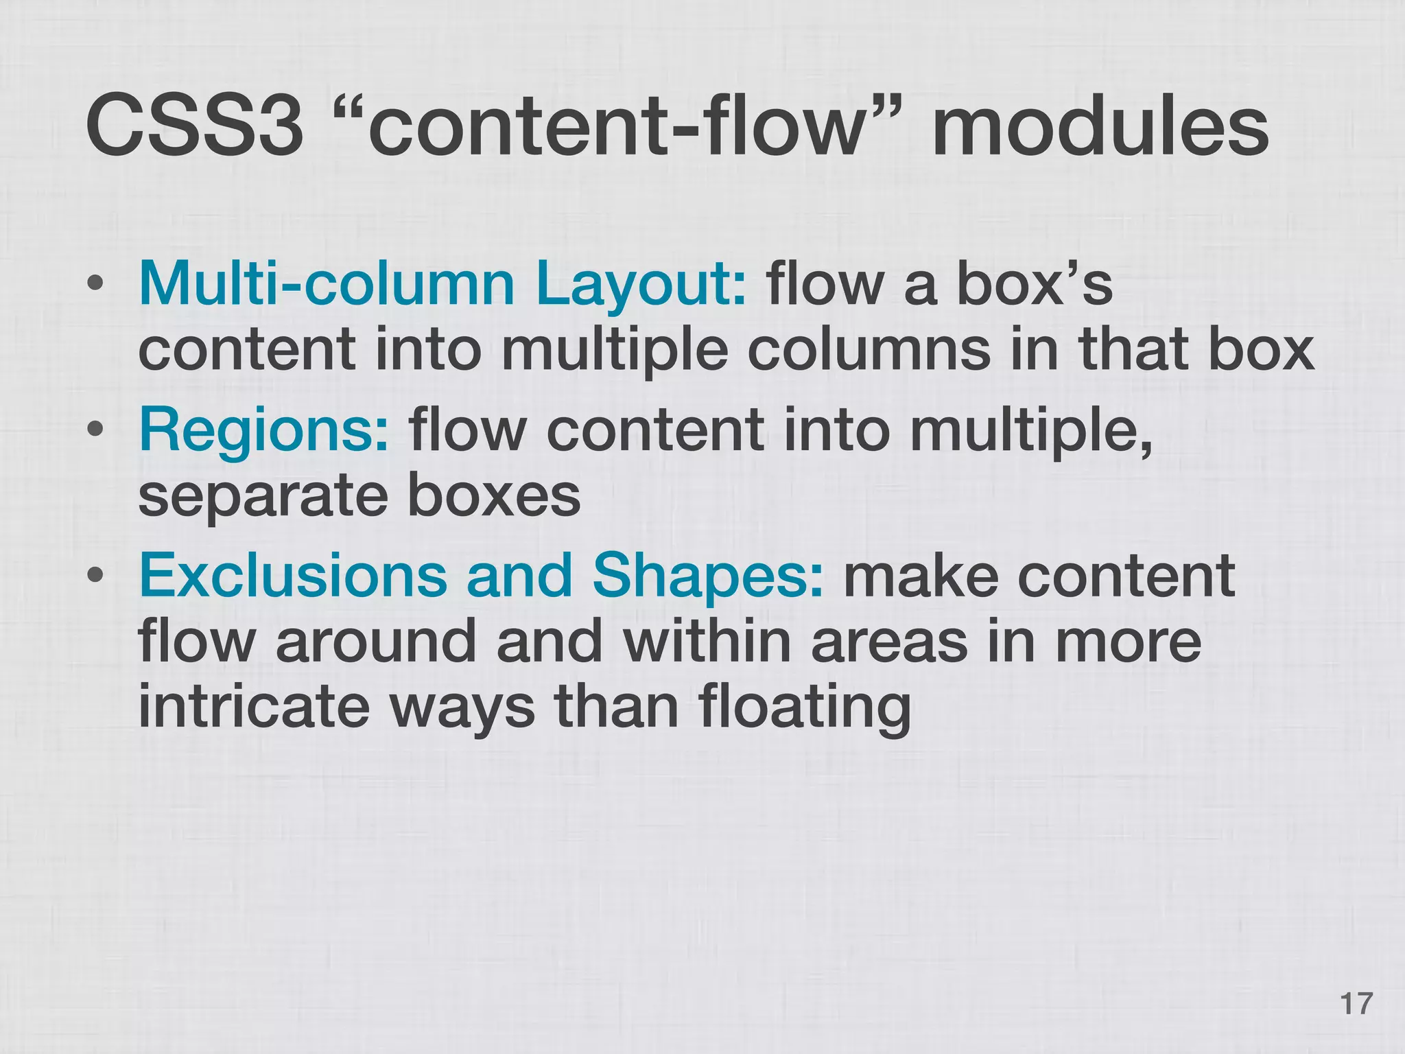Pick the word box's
pyautogui.click(x=1034, y=283)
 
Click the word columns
pyautogui.click(x=869, y=349)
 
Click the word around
pyautogui.click(x=376, y=641)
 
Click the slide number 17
pyautogui.click(x=1356, y=1003)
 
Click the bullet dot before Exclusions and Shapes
pyautogui.click(x=95, y=576)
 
